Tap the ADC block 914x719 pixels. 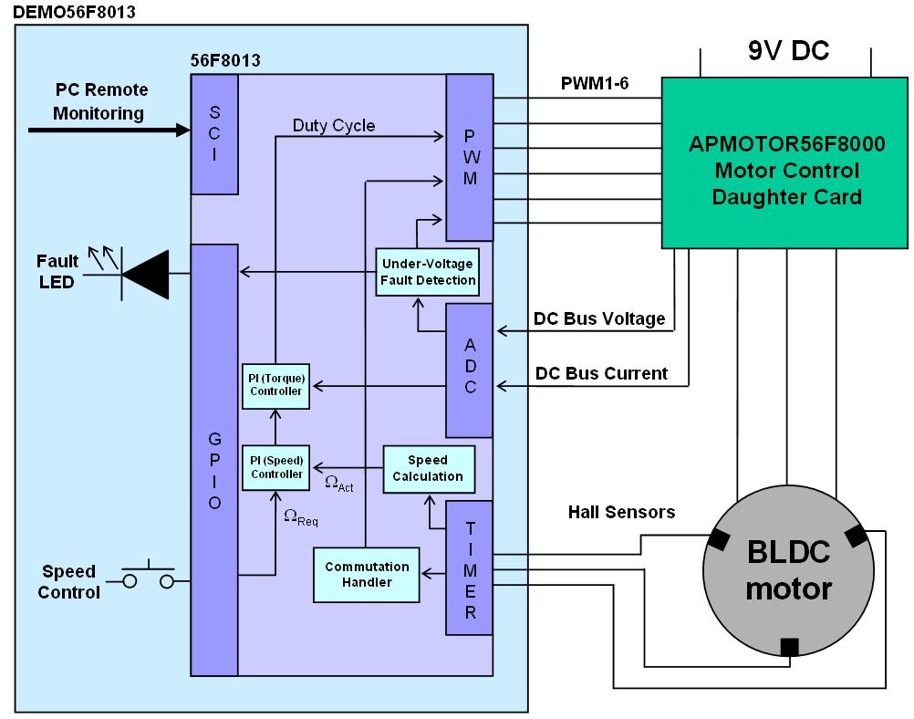point(469,370)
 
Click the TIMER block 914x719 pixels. point(469,568)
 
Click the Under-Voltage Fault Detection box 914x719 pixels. point(428,271)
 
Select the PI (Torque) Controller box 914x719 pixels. point(275,384)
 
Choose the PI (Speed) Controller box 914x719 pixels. point(275,467)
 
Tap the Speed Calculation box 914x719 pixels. point(429,469)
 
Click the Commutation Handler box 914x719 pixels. point(367,575)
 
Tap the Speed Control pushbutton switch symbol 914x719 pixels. point(149,578)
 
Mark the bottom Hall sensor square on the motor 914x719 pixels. point(789,646)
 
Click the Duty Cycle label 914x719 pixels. point(334,126)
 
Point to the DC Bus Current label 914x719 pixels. point(601,373)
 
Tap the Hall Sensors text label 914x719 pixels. point(621,513)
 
